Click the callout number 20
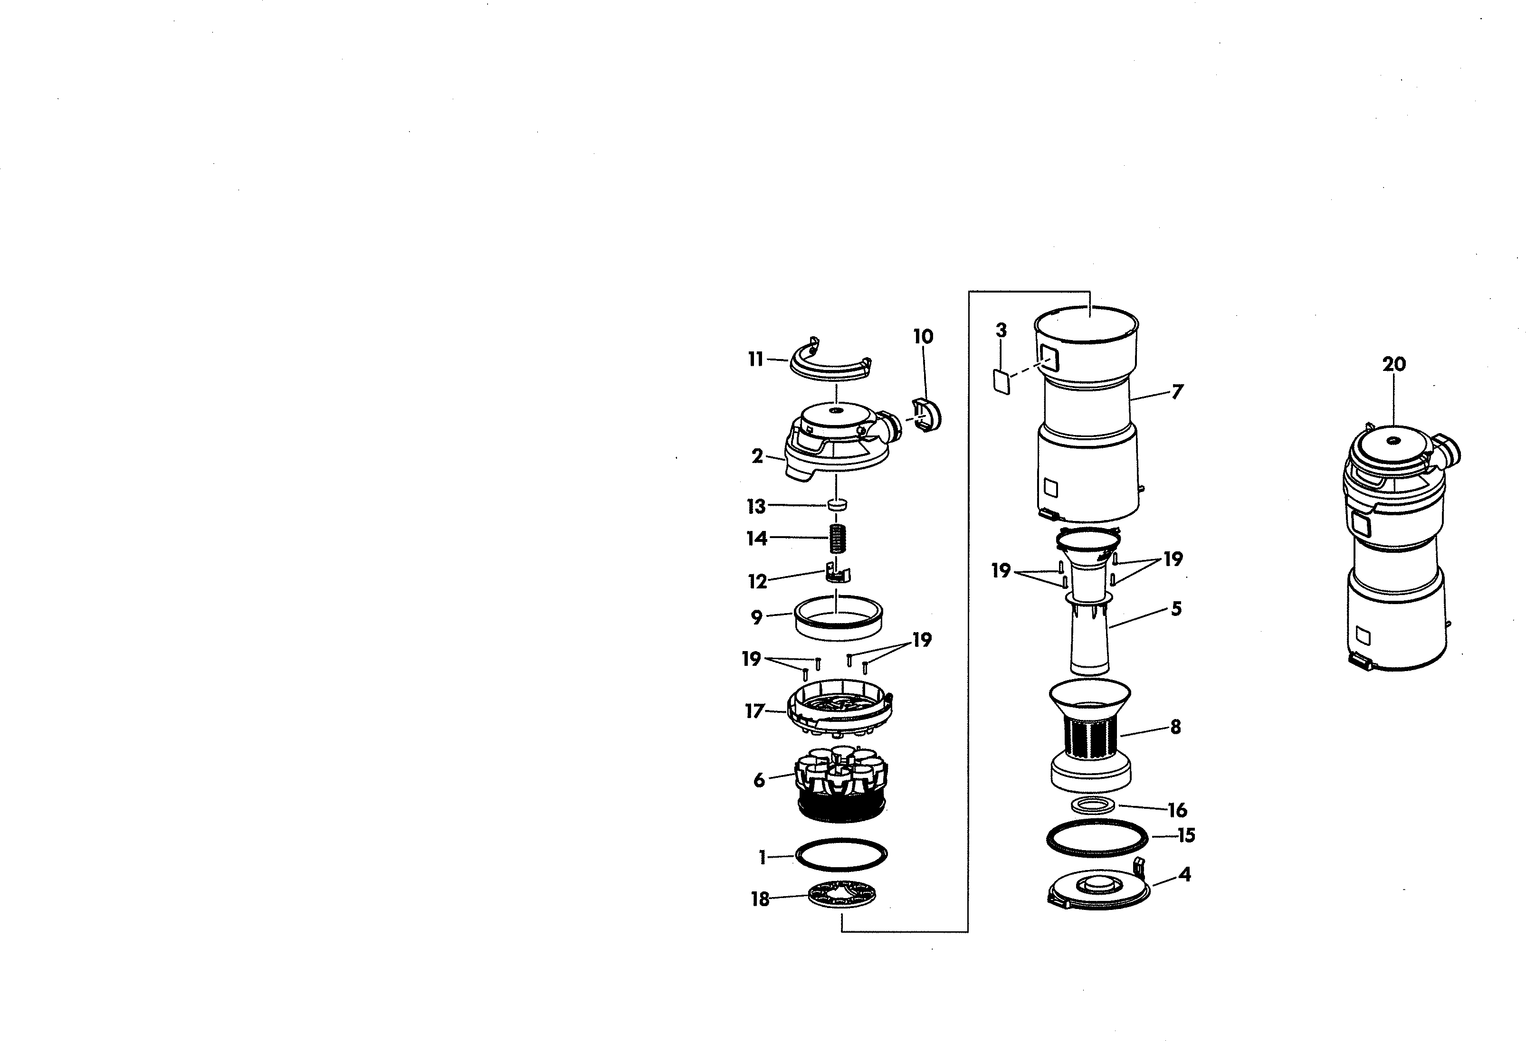[1393, 364]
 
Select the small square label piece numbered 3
[1001, 381]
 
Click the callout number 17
[754, 711]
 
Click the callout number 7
[1177, 392]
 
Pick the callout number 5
[1176, 609]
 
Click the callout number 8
[1175, 727]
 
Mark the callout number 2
[757, 456]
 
